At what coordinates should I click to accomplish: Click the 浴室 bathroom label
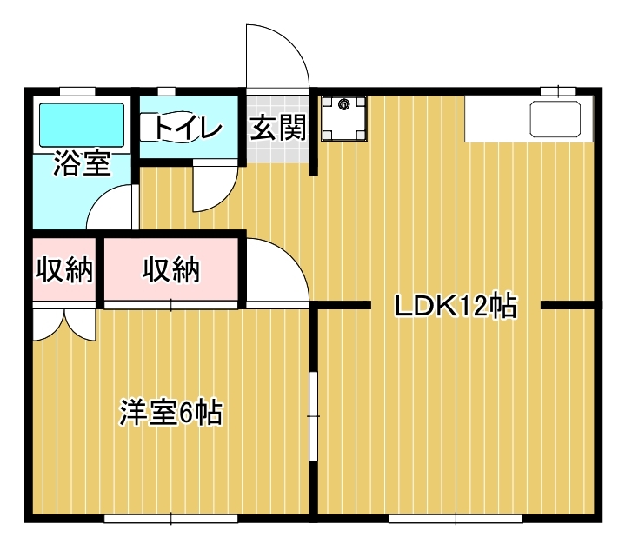pos(82,164)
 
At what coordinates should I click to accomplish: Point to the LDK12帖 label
pos(456,306)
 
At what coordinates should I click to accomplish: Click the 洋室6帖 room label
pos(170,413)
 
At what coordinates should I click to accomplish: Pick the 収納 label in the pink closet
pos(170,270)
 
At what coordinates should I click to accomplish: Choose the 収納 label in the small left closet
pos(63,270)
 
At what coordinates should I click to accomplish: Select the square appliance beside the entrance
pos(344,118)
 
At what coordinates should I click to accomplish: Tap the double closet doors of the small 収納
pos(63,323)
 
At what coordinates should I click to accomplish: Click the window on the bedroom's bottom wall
pos(170,519)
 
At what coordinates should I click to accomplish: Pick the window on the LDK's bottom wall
pos(456,519)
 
